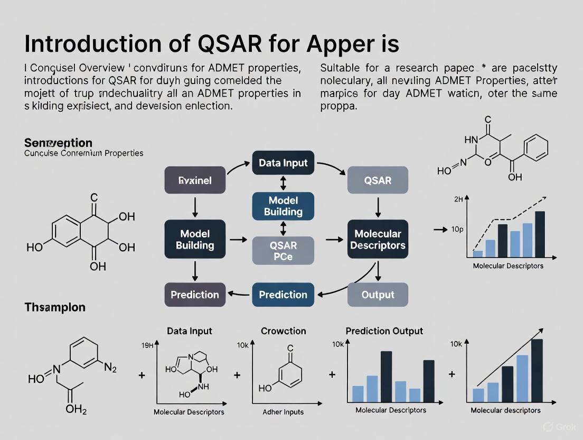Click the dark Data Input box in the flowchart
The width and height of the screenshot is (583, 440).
(284, 162)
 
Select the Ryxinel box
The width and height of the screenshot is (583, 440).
(195, 180)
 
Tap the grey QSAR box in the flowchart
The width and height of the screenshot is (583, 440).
(378, 180)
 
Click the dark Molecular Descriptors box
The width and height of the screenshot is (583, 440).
(378, 240)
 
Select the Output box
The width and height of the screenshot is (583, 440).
(378, 295)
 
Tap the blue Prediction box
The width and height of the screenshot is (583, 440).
(283, 295)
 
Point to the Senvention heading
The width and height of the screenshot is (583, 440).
(58, 143)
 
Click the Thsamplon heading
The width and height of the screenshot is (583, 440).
(55, 307)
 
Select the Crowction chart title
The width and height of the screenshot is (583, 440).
(284, 331)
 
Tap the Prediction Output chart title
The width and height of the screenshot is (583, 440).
(384, 331)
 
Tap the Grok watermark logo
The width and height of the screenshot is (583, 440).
(549, 426)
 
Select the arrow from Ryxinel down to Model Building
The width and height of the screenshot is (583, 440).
(195, 207)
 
